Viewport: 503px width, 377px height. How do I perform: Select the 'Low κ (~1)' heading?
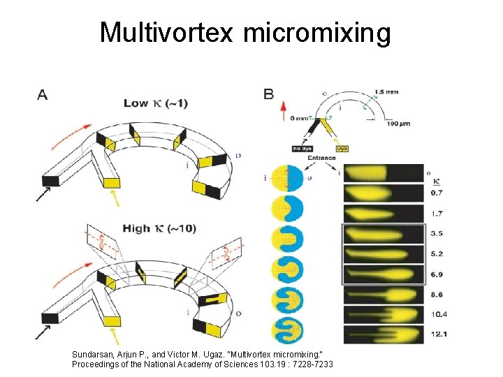pyautogui.click(x=155, y=103)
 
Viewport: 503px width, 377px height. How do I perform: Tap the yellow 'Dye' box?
pyautogui.click(x=342, y=148)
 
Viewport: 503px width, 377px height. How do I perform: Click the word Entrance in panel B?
pyautogui.click(x=321, y=158)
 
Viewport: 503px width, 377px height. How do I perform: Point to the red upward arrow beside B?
pyautogui.click(x=284, y=112)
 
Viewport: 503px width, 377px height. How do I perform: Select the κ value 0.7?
pyautogui.click(x=437, y=192)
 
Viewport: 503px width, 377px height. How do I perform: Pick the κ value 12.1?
pyautogui.click(x=439, y=333)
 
